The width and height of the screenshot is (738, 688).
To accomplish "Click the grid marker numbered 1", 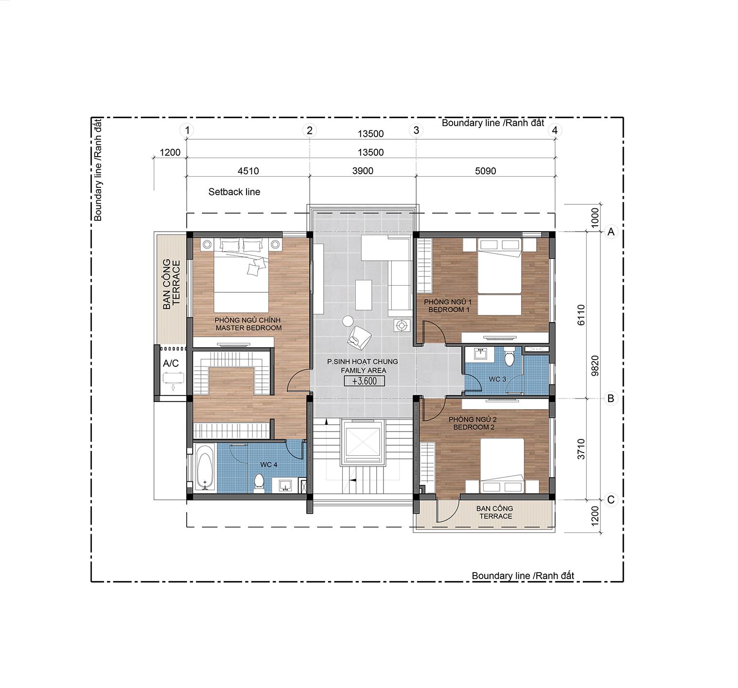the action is (x=187, y=130).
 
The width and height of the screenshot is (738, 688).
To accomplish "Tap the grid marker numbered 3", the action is (x=416, y=130).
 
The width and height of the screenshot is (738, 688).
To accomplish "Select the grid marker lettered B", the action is (x=611, y=398).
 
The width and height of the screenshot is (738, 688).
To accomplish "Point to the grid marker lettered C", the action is (x=611, y=500).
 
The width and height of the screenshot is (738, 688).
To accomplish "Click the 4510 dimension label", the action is (x=248, y=171).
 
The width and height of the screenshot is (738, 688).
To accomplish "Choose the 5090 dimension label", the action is (x=485, y=171).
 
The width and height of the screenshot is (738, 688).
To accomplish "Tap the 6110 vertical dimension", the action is (x=581, y=315).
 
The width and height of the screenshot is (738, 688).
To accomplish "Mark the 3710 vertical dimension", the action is (x=581, y=449).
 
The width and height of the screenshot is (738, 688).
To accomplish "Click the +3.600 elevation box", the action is (x=364, y=381).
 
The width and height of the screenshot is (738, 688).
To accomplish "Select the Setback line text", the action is (x=234, y=192).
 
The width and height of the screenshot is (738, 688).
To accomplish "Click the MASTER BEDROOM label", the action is (x=248, y=328).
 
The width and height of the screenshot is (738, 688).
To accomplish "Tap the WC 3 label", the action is (x=497, y=379).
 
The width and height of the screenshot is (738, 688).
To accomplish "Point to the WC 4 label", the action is (x=269, y=464).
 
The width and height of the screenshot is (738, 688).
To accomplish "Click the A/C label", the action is (x=171, y=363).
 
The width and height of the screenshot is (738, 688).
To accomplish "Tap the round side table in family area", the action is (x=348, y=321).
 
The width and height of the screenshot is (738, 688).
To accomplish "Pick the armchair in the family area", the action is (x=359, y=338).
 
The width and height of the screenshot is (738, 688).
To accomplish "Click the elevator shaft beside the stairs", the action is (x=362, y=442).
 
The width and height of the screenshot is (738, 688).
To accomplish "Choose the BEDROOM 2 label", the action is (x=474, y=427).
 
